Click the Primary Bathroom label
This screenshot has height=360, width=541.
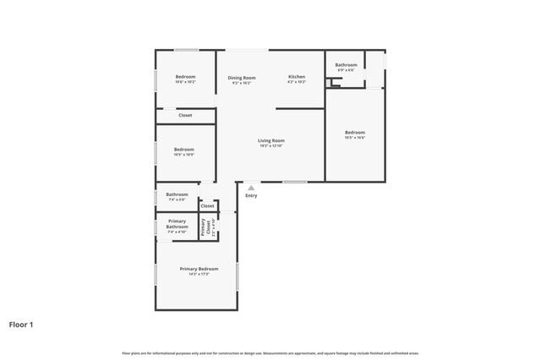click(177, 224)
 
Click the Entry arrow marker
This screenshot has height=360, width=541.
click(251, 188)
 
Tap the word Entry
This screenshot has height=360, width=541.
click(251, 196)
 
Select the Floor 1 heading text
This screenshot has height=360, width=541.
click(21, 324)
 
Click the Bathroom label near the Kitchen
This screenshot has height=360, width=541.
click(346, 65)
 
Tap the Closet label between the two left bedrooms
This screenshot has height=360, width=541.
click(184, 115)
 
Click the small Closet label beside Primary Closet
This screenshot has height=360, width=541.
click(208, 205)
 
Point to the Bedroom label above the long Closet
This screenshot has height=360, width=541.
click(185, 78)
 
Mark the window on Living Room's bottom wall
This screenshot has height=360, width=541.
click(294, 182)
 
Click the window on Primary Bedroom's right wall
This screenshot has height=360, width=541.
click(238, 275)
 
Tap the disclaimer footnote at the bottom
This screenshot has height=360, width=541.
click(270, 352)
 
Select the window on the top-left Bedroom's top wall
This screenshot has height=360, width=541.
click(187, 50)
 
